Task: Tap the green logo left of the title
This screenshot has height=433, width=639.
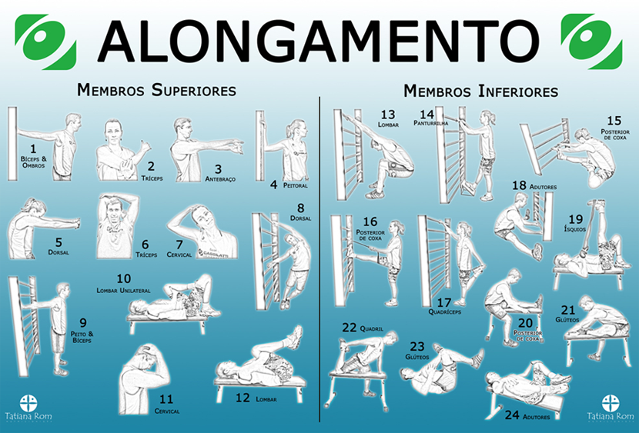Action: click(x=45, y=40)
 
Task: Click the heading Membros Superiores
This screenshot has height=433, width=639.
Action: click(x=156, y=90)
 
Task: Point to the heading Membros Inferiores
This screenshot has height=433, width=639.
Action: click(x=481, y=91)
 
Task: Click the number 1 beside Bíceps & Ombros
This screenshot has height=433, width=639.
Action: click(x=32, y=148)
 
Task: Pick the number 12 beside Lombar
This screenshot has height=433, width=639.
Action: click(x=243, y=398)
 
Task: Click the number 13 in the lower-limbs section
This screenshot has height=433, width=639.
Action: click(x=388, y=115)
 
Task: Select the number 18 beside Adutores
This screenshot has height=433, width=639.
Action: click(x=520, y=185)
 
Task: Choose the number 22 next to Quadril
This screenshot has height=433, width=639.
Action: click(x=349, y=328)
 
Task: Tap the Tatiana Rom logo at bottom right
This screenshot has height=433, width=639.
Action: click(x=611, y=408)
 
